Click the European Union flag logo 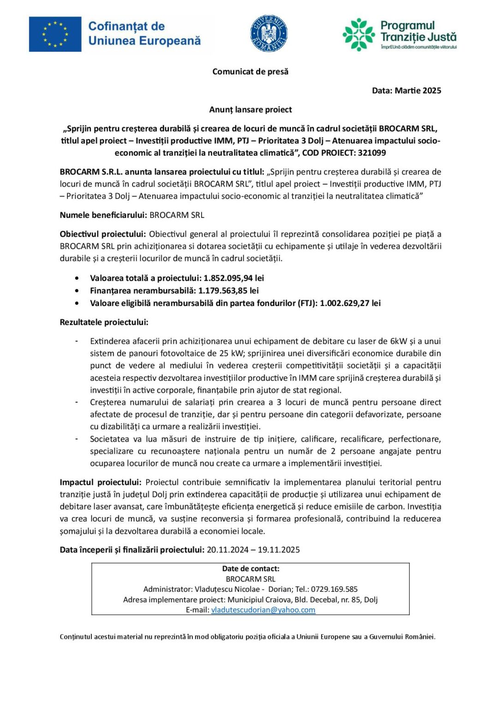(x=55, y=34)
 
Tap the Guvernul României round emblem (x=269, y=33)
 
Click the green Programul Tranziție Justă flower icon (x=359, y=34)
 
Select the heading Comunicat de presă (x=250, y=72)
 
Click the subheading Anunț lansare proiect (x=250, y=109)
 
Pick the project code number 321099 (x=372, y=153)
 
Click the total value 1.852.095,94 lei (x=233, y=278)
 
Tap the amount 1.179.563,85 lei (x=228, y=290)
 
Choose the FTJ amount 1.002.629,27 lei (x=350, y=303)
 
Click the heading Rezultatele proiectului (x=104, y=322)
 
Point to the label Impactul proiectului (x=101, y=482)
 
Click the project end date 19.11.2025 (x=279, y=550)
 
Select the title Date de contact (x=250, y=569)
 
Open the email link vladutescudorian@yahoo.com (x=263, y=610)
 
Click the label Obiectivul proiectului (x=103, y=234)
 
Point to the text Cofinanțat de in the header (x=126, y=26)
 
